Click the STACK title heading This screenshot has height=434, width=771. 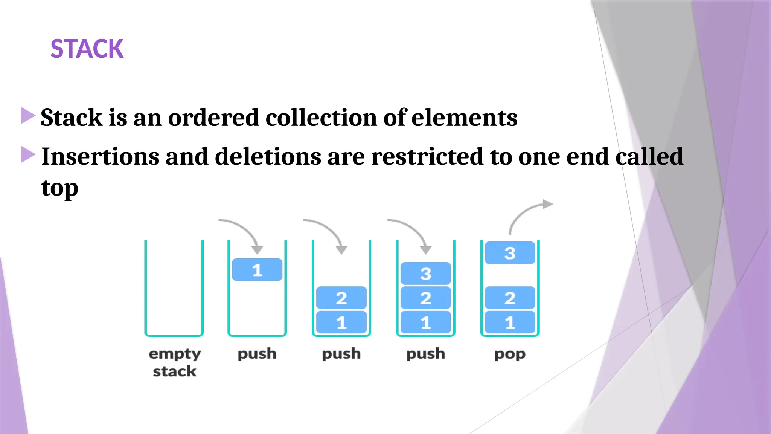coord(87,49)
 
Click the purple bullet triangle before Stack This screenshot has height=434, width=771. coord(28,116)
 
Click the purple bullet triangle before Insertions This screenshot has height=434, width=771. coord(28,154)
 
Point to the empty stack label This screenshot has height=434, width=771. coord(174,362)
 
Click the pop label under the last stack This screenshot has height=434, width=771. coord(510,354)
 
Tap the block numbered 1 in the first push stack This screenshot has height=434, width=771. coord(257,270)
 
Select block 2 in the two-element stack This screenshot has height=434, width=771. coord(341,298)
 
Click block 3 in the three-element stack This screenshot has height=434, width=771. coord(425,274)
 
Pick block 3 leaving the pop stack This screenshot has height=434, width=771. coord(510,253)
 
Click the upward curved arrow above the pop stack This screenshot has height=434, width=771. coord(527,215)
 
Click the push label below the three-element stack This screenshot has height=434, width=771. coord(425,354)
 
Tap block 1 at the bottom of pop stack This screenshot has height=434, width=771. coord(510,322)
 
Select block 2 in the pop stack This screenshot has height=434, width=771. coord(510,298)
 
